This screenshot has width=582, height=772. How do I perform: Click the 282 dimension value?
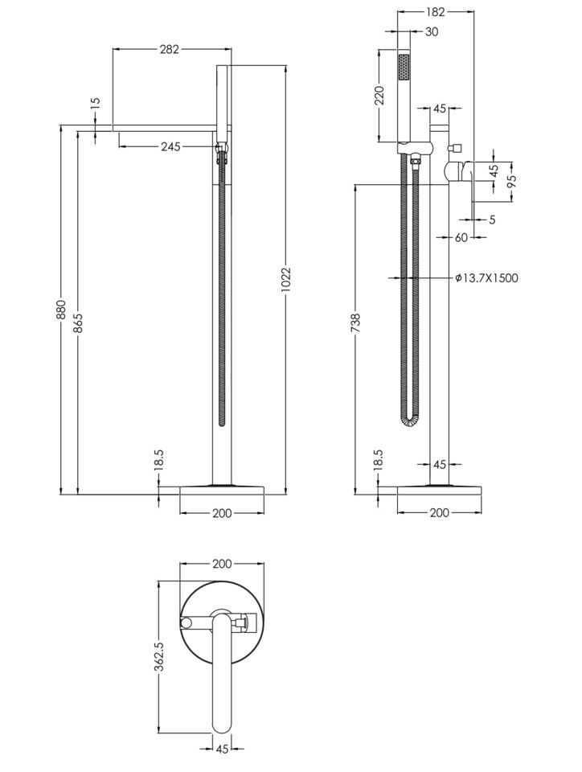coord(170,49)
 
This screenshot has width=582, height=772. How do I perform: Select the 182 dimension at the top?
coord(436,13)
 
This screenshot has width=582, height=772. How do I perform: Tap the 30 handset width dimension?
coord(432,32)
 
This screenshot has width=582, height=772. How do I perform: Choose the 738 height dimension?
coord(355,322)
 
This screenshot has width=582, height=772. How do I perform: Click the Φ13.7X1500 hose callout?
coord(486,278)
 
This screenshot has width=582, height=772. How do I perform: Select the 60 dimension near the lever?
coord(461,236)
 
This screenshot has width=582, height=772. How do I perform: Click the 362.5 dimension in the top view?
coord(160,656)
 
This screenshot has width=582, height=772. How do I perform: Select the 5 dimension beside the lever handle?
coord(491,219)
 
